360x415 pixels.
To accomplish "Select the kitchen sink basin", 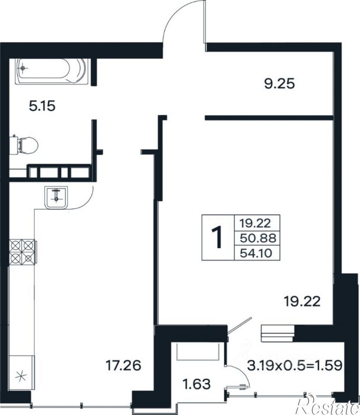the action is click(56, 197).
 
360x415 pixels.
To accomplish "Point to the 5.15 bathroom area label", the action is click(42, 106).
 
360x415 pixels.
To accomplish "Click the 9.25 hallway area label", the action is click(280, 84).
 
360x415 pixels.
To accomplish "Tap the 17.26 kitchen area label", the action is click(123, 365).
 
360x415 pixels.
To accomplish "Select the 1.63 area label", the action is click(197, 384).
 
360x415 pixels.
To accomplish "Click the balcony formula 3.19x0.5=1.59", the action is click(294, 365).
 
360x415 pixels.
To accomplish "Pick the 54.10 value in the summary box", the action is click(256, 253).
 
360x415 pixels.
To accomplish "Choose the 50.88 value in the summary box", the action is click(258, 238).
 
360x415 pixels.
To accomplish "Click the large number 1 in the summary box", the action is click(217, 238).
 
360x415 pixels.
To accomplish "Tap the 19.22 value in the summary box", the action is click(255, 223).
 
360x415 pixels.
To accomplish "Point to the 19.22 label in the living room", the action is click(302, 301).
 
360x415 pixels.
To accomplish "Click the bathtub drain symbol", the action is click(23, 68).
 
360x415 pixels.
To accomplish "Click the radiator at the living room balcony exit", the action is click(278, 333).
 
